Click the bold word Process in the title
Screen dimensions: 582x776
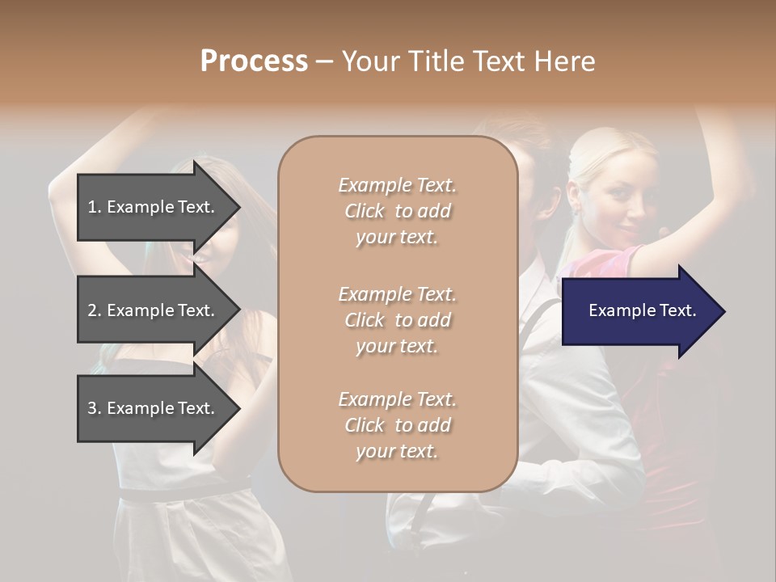click(x=254, y=61)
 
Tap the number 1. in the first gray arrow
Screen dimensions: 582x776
click(x=95, y=207)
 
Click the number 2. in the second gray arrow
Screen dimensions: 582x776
click(x=95, y=310)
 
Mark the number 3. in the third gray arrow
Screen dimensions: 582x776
click(x=95, y=408)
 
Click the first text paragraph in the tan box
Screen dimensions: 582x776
click(x=397, y=211)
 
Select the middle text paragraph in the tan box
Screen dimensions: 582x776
click(x=397, y=319)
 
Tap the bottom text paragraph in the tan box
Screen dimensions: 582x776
click(x=397, y=425)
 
